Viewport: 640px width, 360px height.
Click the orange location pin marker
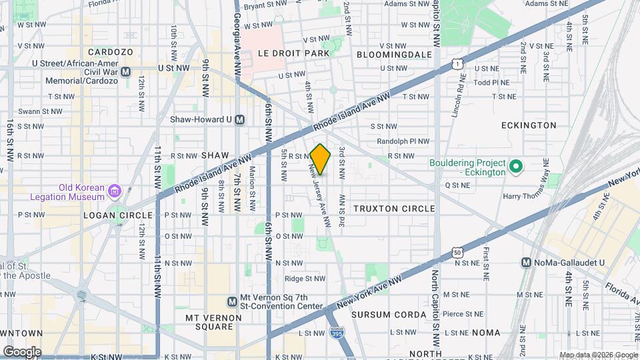(x=321, y=159)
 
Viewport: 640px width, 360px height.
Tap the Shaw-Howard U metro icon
(x=240, y=119)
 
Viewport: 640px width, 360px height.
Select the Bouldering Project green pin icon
(x=515, y=167)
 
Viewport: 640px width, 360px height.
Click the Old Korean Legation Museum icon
(x=115, y=192)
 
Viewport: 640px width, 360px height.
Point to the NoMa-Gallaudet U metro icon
(x=527, y=263)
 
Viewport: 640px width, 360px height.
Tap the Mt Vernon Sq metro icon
(x=232, y=301)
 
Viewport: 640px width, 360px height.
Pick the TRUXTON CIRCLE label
(x=394, y=209)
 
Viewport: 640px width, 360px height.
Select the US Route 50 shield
(x=457, y=251)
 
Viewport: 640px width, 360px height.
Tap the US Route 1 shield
(x=457, y=64)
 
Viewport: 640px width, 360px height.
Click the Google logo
(x=22, y=351)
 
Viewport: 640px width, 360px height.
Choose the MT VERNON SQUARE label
(x=209, y=322)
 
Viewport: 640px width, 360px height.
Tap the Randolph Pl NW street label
(x=403, y=141)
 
